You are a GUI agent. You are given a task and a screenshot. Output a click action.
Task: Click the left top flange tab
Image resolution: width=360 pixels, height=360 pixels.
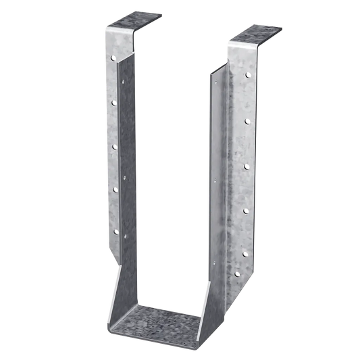(135, 18)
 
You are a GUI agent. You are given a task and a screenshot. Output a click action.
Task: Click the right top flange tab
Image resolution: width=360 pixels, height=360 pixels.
(256, 34)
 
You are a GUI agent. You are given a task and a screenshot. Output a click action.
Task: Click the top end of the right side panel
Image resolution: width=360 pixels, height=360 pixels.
(216, 68)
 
